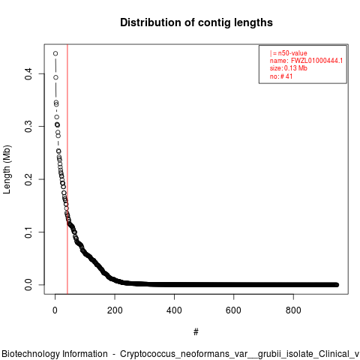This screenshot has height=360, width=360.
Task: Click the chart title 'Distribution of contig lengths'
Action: click(196, 22)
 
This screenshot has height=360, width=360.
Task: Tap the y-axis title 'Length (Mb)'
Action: click(7, 169)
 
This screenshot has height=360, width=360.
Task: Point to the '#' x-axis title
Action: click(196, 332)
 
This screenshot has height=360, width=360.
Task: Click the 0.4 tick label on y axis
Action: click(28, 73)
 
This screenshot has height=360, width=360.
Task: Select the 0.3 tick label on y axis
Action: click(28, 127)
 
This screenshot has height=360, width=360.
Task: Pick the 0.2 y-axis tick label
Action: click(28, 179)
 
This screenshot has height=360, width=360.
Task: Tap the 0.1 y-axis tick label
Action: click(28, 232)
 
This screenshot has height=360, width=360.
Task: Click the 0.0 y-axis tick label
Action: click(28, 285)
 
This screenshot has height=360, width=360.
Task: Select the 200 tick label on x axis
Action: click(115, 310)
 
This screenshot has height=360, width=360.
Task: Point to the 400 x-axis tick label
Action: click(174, 310)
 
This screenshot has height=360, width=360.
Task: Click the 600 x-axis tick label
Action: click(233, 310)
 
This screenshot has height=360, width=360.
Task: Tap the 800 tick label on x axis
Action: click(293, 310)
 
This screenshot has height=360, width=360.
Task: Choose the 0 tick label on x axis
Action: click(55, 310)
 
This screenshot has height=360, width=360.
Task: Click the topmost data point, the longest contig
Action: click(55, 53)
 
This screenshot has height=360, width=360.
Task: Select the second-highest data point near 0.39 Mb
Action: click(55, 77)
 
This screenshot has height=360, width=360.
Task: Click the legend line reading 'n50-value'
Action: click(289, 53)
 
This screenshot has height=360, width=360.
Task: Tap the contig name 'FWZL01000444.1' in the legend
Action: click(316, 61)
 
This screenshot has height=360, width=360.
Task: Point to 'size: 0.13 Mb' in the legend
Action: click(289, 68)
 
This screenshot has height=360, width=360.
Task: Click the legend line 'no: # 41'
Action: click(281, 76)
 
